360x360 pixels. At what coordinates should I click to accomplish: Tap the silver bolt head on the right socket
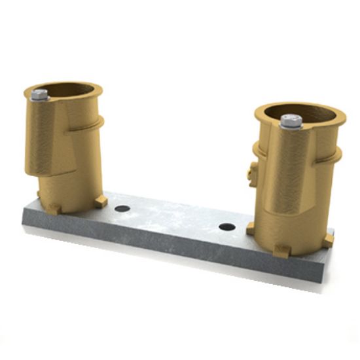point(291,121)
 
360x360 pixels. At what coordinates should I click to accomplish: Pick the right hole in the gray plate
point(227,226)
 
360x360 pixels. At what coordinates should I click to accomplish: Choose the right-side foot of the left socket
point(100,202)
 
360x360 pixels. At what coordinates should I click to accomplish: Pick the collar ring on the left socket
point(92,122)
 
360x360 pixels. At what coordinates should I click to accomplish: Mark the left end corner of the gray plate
point(25,221)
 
